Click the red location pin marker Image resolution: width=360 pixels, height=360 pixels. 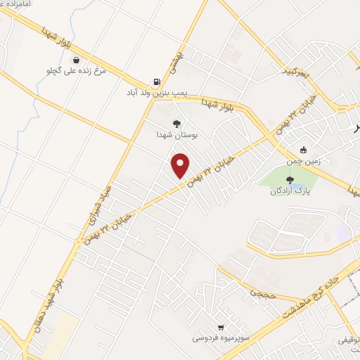[x=181, y=165]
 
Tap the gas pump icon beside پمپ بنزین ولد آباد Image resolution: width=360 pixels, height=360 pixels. [x=155, y=81]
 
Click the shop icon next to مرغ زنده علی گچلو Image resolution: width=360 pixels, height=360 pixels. [x=85, y=60]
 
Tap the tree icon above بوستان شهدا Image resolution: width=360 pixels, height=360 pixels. [x=176, y=122]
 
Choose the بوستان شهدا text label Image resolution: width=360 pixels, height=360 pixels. [x=176, y=134]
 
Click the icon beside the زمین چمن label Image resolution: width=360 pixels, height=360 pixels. [x=303, y=150]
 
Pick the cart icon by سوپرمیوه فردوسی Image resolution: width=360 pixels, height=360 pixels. [x=222, y=327]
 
